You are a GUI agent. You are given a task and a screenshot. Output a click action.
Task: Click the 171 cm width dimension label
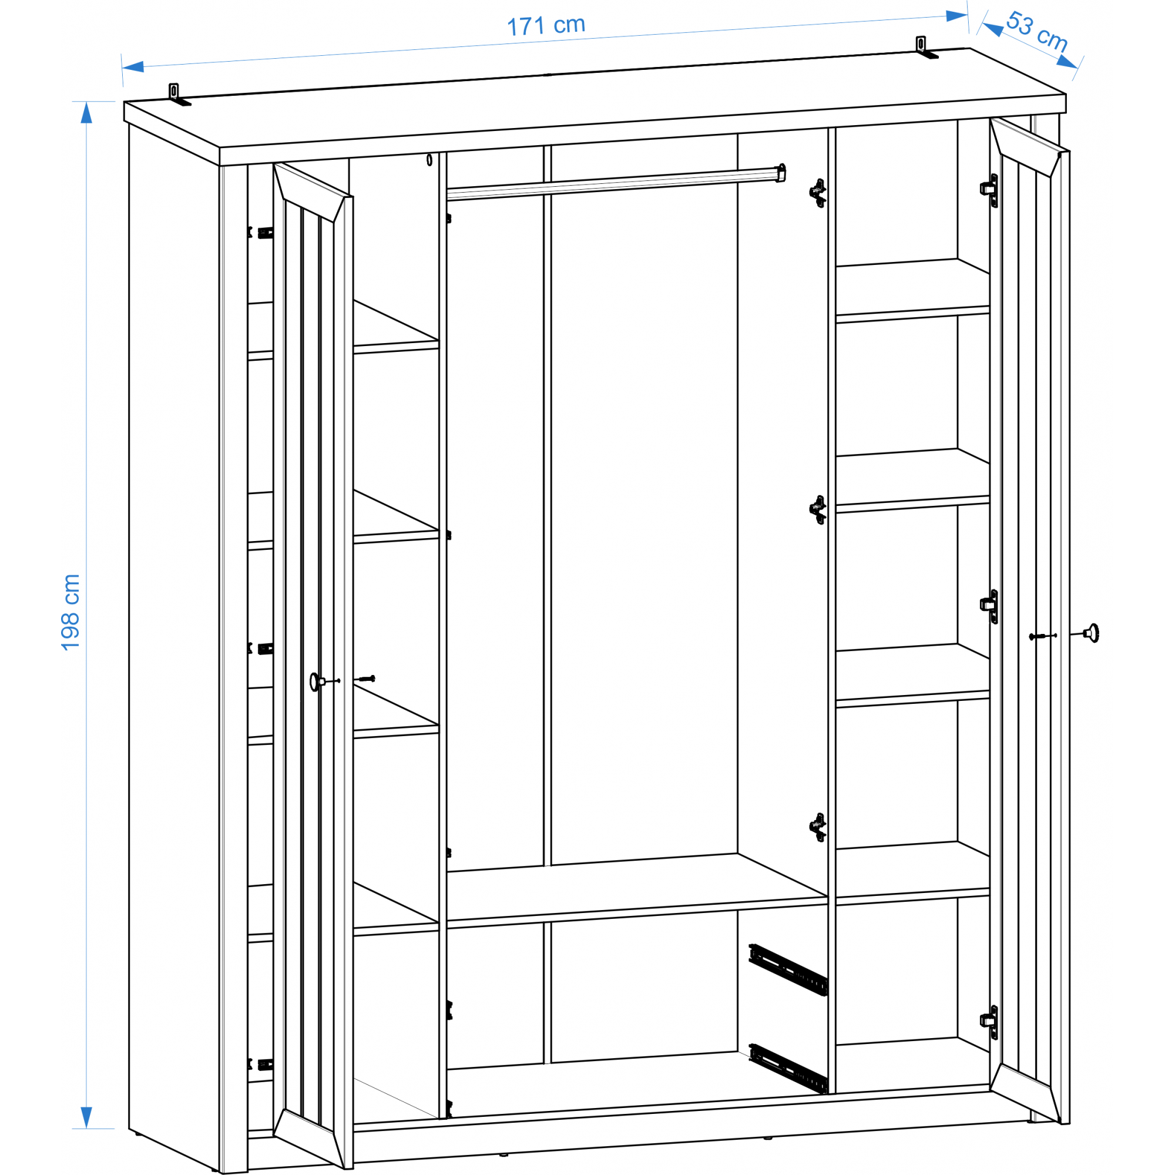[x=546, y=25]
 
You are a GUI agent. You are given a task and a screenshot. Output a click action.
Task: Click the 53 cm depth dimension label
[x=1036, y=32]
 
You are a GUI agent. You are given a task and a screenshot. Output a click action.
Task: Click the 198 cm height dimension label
[x=70, y=612]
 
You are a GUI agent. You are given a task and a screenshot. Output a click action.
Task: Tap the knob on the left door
[x=315, y=681]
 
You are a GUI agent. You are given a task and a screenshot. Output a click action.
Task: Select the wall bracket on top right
[x=926, y=48]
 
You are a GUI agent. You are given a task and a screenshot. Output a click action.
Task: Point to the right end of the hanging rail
[x=781, y=173]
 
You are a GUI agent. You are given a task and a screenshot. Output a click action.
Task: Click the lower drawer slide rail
[x=788, y=1068]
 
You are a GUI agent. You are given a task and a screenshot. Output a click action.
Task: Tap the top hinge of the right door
[x=989, y=190]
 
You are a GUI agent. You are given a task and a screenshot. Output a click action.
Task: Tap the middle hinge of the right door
[x=989, y=606]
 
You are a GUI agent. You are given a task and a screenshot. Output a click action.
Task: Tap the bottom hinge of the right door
[x=989, y=1022]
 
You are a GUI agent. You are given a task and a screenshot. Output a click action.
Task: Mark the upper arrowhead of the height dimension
[x=86, y=113]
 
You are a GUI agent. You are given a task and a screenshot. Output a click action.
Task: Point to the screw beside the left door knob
[x=367, y=679]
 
